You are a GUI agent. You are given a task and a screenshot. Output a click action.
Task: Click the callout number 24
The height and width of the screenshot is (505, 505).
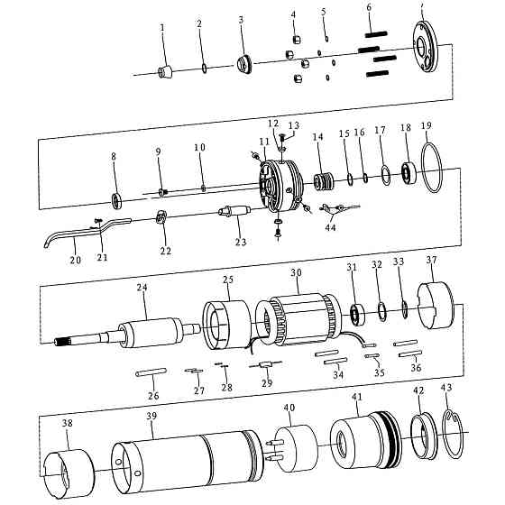click(x=142, y=287)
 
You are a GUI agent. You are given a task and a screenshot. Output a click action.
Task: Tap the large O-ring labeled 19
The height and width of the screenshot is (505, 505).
click(x=432, y=168)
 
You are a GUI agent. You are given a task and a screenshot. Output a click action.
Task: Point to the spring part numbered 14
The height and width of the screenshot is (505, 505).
click(x=324, y=182)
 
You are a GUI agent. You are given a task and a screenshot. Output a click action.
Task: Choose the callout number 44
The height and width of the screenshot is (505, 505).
click(x=330, y=227)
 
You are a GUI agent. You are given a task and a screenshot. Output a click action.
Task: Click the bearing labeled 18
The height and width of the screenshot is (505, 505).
click(x=409, y=173)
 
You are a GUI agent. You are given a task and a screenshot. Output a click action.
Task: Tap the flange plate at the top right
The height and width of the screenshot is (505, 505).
click(x=426, y=47)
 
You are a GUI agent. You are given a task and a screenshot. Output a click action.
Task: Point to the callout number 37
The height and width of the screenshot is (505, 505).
click(x=432, y=260)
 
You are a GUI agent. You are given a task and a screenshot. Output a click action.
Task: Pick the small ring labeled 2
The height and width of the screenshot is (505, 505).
click(x=205, y=69)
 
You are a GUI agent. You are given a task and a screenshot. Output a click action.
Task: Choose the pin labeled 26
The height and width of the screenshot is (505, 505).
click(x=151, y=372)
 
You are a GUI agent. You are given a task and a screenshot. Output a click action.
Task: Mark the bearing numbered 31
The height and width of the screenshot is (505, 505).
click(x=357, y=314)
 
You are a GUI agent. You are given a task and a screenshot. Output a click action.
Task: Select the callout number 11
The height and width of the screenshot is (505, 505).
click(x=264, y=142)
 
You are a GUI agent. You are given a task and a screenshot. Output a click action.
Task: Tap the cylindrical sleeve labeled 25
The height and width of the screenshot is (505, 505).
click(x=227, y=325)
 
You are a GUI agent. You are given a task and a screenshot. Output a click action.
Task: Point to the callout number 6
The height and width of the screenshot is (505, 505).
click(x=369, y=7)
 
